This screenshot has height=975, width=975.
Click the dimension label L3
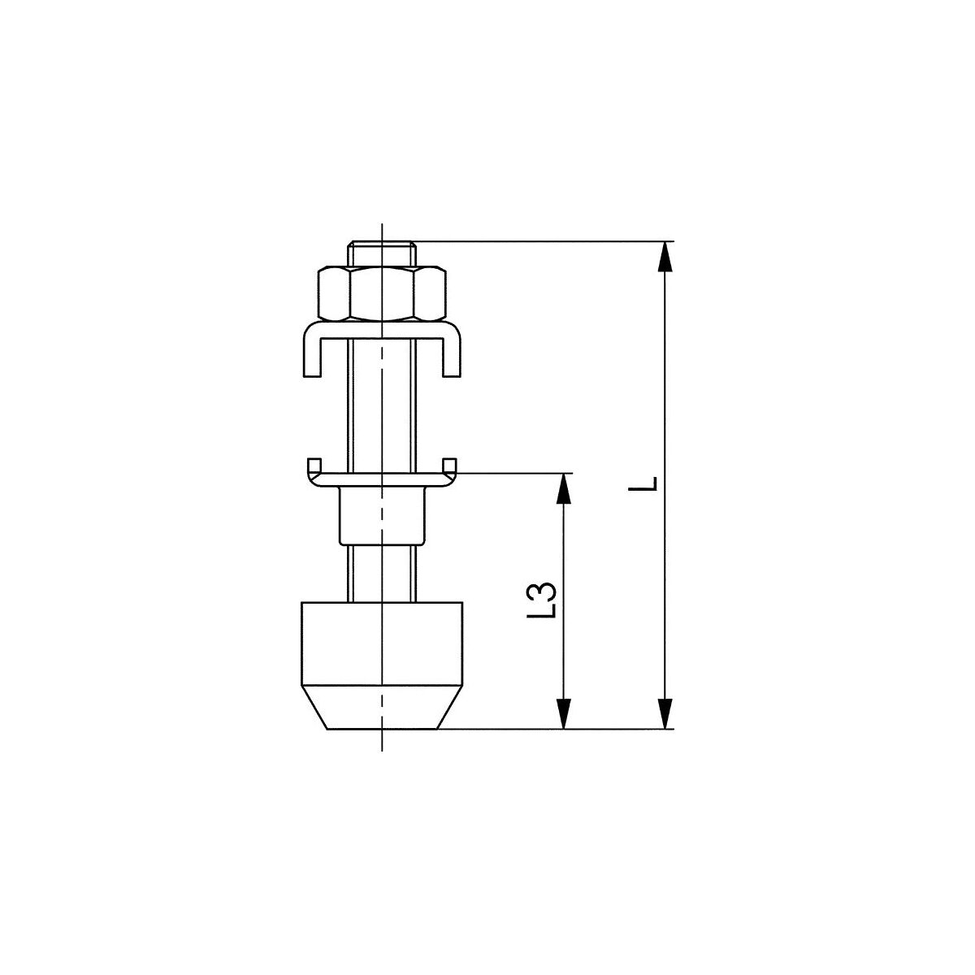pyautogui.click(x=546, y=600)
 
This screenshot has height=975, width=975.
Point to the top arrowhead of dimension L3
pyautogui.click(x=563, y=489)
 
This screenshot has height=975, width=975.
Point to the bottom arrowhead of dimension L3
pyautogui.click(x=563, y=713)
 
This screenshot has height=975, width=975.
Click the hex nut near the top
pyautogui.click(x=382, y=294)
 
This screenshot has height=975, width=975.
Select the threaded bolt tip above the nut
pyautogui.click(x=382, y=253)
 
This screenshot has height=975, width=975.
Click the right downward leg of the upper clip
pyautogui.click(x=453, y=355)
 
